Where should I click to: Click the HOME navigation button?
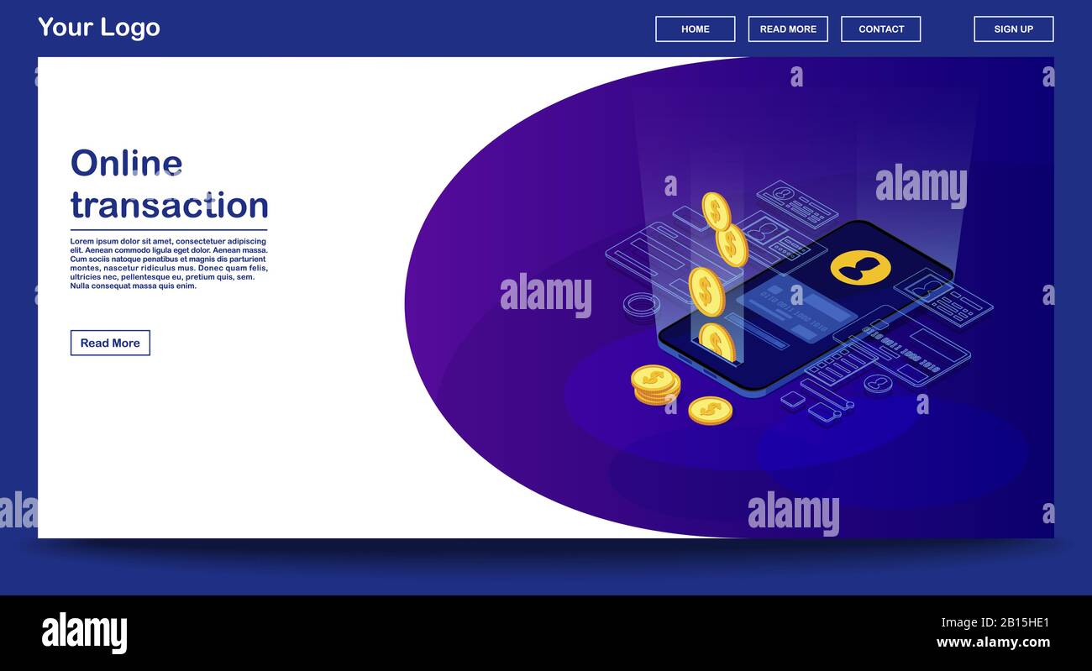pos(695,29)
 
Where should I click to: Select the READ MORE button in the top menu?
pos(788,29)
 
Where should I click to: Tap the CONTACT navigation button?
pos(880,29)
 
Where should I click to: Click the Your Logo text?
pos(99,28)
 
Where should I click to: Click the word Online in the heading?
pos(126,163)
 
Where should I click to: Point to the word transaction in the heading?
pos(169,205)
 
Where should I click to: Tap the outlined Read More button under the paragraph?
pos(110,343)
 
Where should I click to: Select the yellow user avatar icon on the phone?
pos(860,267)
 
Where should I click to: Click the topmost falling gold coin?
pos(716,211)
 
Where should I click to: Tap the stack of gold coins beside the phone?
pos(654,384)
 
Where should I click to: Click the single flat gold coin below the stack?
pos(710,411)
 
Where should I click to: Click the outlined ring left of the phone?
pos(641,304)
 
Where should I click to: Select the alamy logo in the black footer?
pos(84,632)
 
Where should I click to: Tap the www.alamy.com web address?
pos(993,642)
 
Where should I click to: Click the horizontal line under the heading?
pos(168,229)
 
